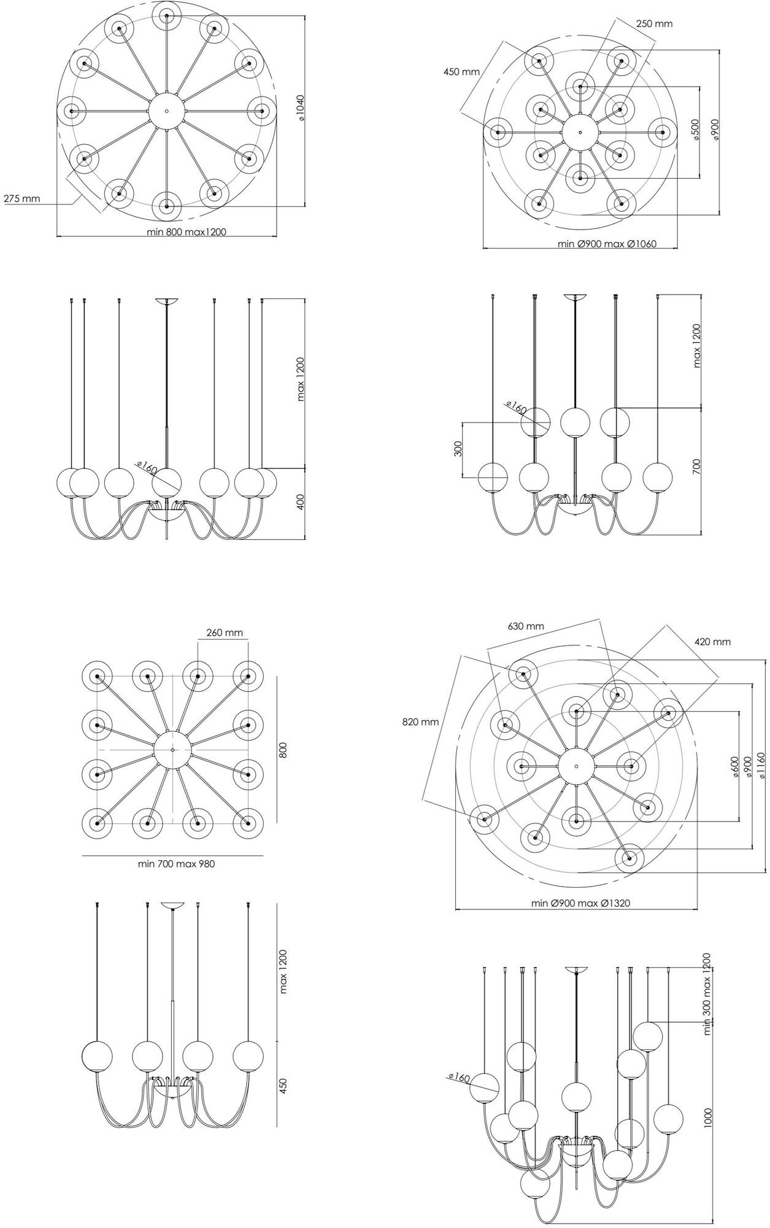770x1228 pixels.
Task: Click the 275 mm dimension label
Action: coord(21,198)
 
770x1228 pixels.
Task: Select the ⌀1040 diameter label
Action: coord(301,107)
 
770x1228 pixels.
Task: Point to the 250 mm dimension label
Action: coord(654,24)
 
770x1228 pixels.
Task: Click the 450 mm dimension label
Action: coord(461,72)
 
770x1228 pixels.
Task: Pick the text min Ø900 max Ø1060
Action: coord(607,244)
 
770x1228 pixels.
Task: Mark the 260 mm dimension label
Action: coord(225,632)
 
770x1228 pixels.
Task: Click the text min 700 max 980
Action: coord(176,864)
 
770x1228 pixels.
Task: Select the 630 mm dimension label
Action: coord(526,626)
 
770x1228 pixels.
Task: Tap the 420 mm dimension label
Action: coord(712,642)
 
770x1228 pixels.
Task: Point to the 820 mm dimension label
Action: coord(420,722)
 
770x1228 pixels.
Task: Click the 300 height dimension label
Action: coord(458,449)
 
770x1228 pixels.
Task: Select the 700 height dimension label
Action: coord(696,466)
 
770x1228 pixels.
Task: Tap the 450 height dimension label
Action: coord(283,1086)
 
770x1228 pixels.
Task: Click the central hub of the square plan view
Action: coord(172,750)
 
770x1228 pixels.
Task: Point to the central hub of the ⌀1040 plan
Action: coord(166,111)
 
